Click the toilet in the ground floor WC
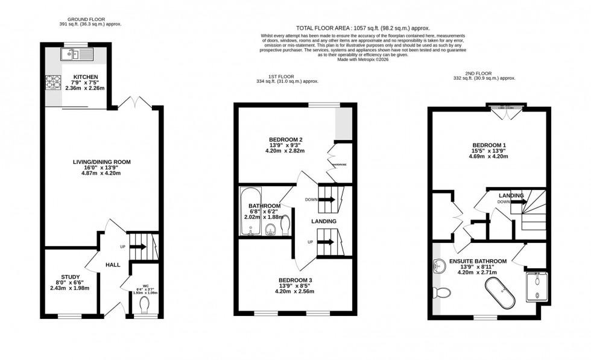[144, 308]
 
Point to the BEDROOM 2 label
[285, 140]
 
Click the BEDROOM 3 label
[294, 280]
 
